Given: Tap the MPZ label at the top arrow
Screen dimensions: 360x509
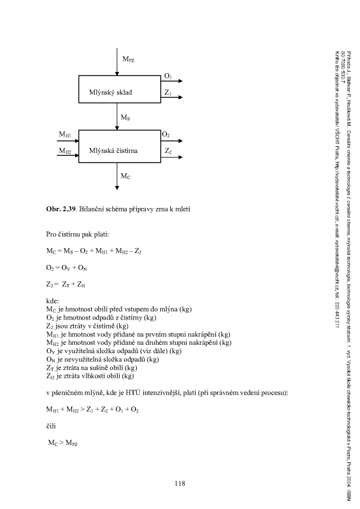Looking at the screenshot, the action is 128,59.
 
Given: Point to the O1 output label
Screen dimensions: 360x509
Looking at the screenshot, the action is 167,76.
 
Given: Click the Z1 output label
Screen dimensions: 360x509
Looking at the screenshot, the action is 167,92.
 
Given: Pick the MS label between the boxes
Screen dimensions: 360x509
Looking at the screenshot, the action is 125,118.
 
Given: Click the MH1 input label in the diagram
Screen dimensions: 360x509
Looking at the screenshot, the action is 65,134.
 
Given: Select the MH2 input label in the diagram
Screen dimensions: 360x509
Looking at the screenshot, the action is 65,150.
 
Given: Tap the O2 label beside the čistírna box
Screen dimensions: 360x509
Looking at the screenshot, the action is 166,134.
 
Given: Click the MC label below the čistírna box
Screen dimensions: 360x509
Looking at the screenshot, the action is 126,176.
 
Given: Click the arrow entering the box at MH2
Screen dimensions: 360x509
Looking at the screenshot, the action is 68,155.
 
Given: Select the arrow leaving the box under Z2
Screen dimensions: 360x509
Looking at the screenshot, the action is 172,157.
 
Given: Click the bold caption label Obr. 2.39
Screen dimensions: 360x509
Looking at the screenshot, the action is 61,209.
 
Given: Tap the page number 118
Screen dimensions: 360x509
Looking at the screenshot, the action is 179,483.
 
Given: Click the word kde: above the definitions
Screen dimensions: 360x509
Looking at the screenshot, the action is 52,301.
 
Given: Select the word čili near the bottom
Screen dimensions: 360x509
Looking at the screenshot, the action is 51,426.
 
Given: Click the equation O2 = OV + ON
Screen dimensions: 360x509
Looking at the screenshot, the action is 67,268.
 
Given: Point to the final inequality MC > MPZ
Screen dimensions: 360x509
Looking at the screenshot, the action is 63,443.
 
